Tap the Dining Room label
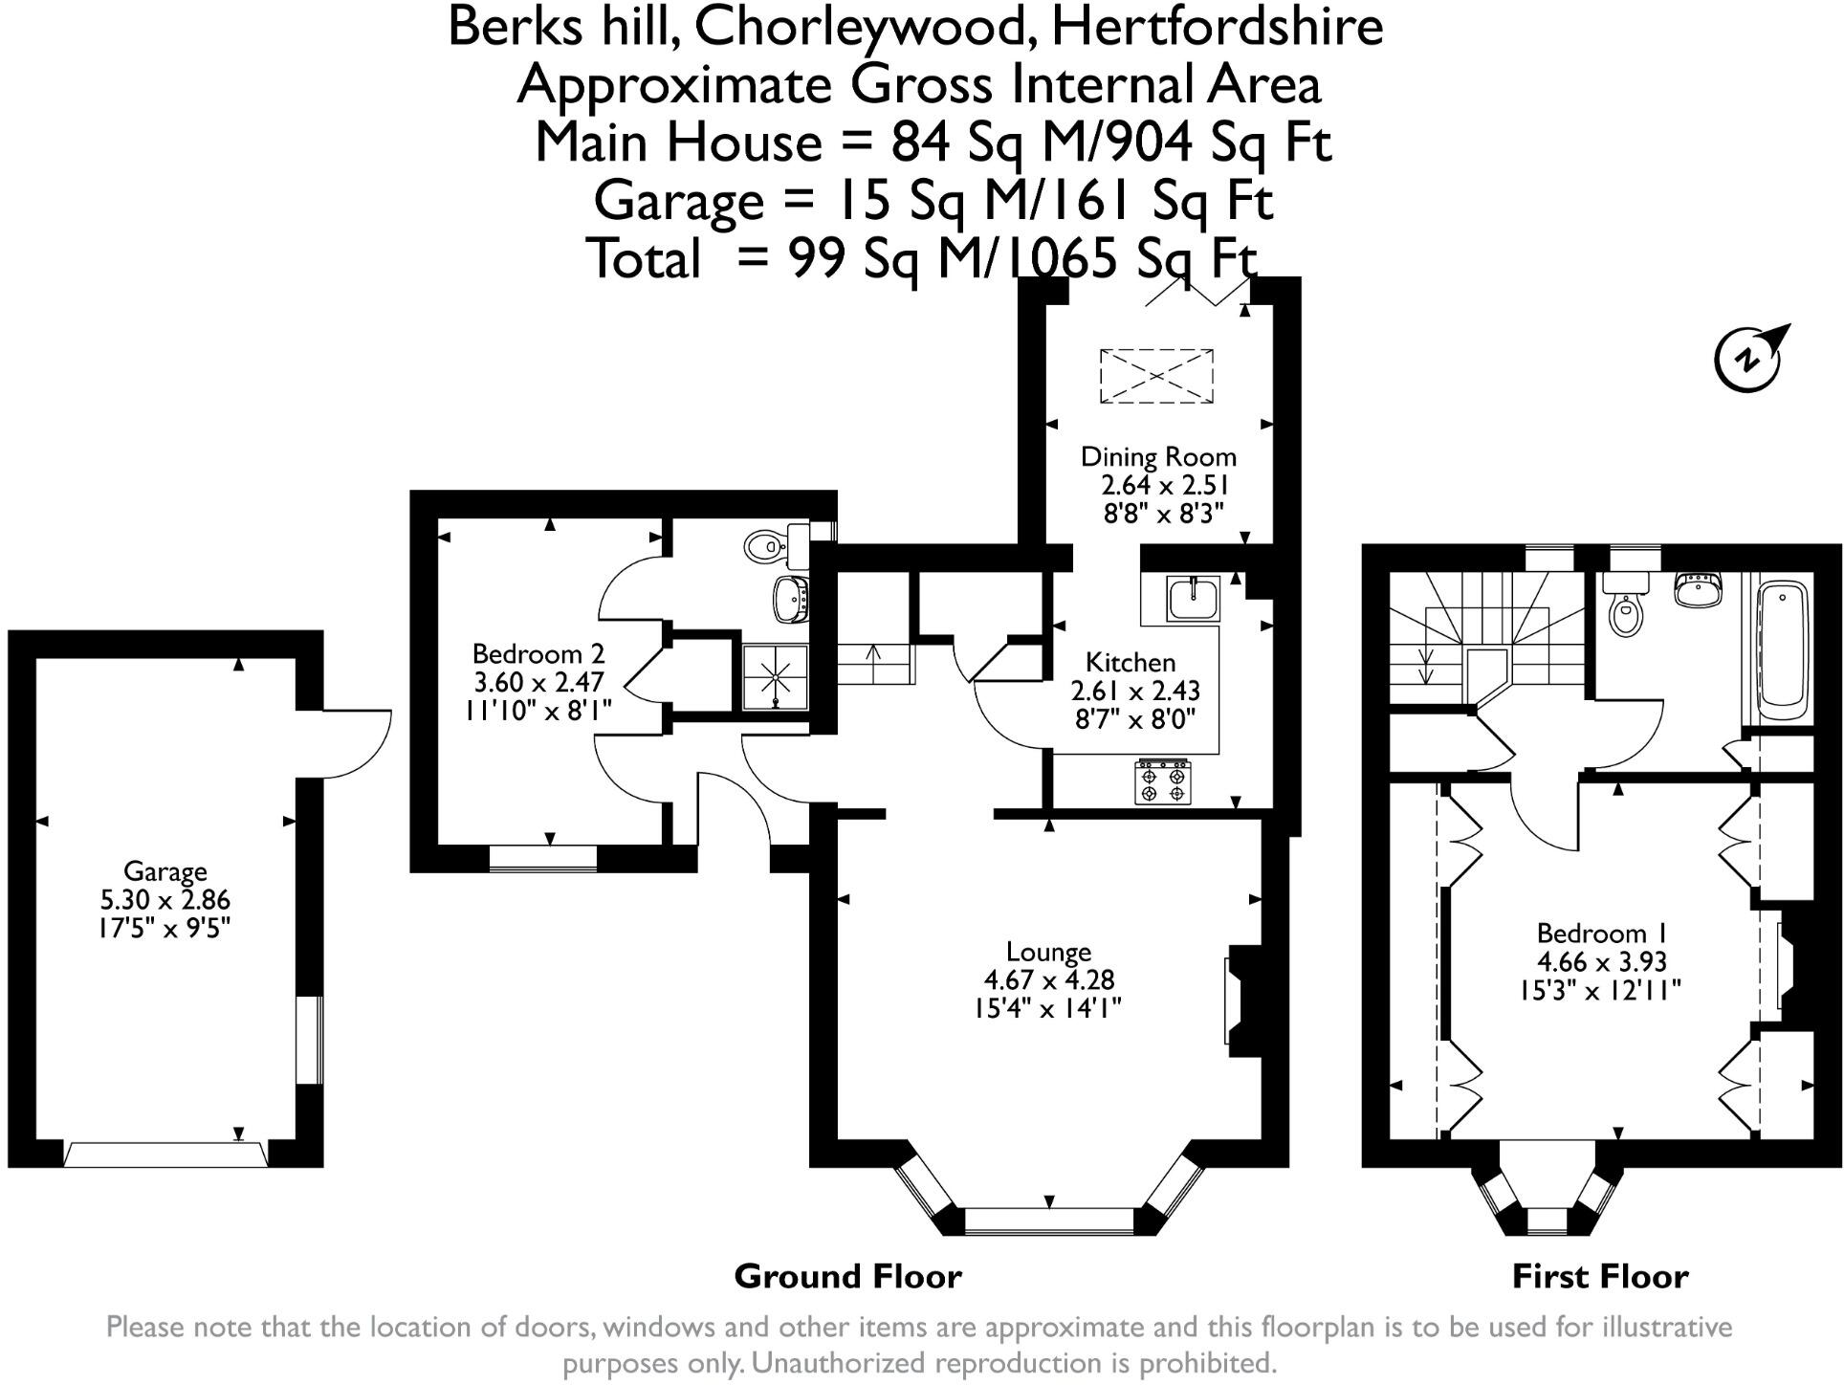coord(1157,457)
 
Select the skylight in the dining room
coord(1156,376)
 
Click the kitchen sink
coord(1193,599)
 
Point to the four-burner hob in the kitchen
coord(1163,782)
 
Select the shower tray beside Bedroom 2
coord(775,677)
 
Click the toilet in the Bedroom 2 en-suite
coord(765,546)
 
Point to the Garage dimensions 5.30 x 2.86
coord(165,900)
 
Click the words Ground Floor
coord(847,1276)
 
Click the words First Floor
coord(1599,1276)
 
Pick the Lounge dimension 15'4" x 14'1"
coord(1047,1008)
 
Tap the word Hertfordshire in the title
coord(1217,27)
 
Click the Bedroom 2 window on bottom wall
coord(542,859)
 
